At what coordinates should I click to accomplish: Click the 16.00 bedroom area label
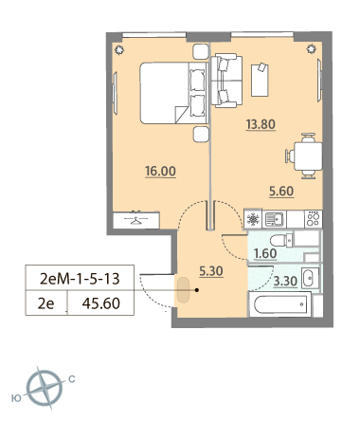coord(160,171)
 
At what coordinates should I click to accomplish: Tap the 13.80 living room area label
coord(261,124)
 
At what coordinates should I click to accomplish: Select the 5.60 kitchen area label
coord(281,192)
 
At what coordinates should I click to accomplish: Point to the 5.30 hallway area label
coord(211,271)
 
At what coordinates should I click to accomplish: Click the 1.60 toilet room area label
coord(265,253)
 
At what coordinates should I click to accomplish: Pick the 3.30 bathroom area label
coord(285,281)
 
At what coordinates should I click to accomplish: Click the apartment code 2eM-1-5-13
coord(80,279)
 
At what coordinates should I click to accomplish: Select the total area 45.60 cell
coord(101,303)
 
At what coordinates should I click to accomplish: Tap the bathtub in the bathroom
coord(280,304)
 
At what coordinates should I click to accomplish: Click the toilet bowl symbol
coord(281,240)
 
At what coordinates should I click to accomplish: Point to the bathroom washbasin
coord(310,278)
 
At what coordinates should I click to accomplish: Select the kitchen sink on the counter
coord(274,219)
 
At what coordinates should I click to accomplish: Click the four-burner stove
coord(314,219)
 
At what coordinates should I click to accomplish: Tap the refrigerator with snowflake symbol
coord(253,219)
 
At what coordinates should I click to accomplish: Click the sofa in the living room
coord(226,81)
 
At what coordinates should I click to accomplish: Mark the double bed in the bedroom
coord(173,93)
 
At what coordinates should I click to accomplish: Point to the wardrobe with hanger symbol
coord(136,220)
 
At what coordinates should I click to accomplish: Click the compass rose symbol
coord(44,388)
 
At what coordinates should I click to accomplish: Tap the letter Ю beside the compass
coord(16,398)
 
